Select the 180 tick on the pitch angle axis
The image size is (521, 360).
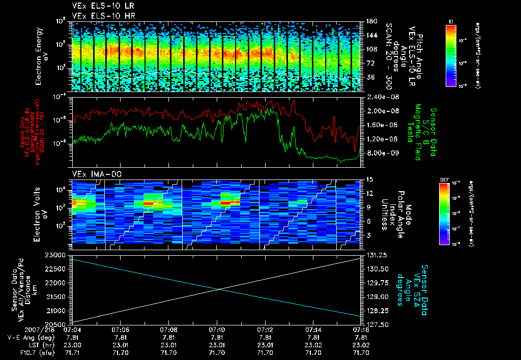(x=370, y=21)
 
